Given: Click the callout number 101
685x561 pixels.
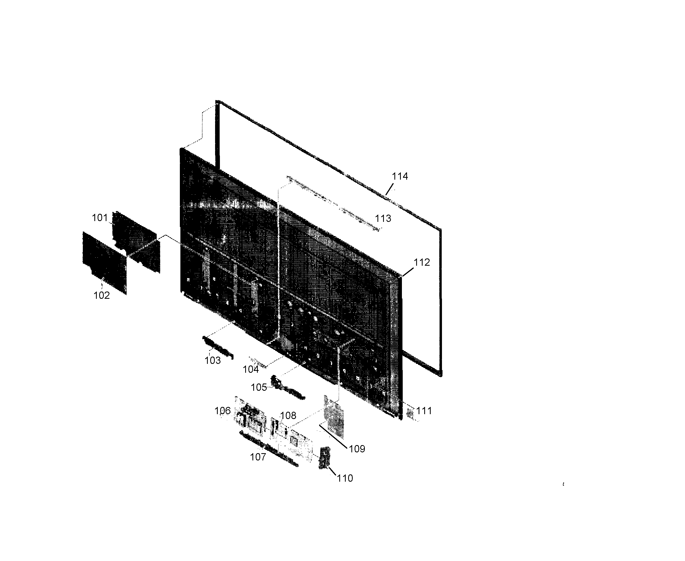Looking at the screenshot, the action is [99, 218].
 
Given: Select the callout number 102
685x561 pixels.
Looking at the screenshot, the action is [101, 295].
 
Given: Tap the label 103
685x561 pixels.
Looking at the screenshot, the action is [212, 360].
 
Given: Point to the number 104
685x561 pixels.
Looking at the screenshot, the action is [251, 369].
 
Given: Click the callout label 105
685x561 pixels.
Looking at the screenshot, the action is [259, 387].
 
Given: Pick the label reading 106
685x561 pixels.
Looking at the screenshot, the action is [223, 411].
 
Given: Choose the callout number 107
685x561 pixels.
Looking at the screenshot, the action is [258, 457].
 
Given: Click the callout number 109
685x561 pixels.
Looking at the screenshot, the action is [357, 449].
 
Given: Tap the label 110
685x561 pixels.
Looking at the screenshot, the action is [345, 478].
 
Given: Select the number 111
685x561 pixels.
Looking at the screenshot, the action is [424, 411].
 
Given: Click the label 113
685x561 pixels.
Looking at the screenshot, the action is [383, 218].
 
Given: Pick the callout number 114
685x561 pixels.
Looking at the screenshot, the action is [400, 176].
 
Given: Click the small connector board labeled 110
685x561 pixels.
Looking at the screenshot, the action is [324, 458].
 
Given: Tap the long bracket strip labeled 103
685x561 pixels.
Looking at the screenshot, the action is [217, 347].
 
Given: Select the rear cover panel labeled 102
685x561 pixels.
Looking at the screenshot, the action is [104, 263].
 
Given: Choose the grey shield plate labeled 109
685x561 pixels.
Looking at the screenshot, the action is [334, 416].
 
